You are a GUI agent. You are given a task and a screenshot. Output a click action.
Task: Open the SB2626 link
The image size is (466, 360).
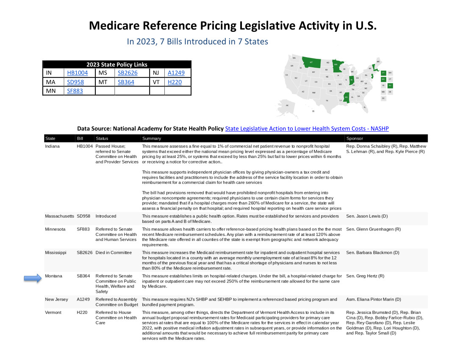[128, 73]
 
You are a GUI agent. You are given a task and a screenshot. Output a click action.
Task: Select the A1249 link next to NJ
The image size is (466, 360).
[176, 73]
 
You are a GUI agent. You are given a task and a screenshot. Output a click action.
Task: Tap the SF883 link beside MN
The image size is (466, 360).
[75, 91]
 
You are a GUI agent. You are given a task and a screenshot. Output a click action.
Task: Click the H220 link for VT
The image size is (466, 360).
[175, 82]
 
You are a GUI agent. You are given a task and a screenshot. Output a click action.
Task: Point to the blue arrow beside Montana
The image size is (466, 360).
[32, 278]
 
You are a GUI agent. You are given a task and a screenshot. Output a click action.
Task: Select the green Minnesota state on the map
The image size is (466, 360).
[337, 66]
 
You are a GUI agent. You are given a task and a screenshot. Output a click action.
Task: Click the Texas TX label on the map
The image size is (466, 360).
[327, 100]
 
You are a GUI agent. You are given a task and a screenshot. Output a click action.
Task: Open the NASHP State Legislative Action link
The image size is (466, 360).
[307, 128]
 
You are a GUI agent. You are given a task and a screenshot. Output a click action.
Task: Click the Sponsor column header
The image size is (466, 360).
[355, 138]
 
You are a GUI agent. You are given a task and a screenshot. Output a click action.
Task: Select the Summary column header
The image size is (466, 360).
[151, 138]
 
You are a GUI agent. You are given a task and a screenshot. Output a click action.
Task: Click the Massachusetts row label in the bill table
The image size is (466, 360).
[59, 216]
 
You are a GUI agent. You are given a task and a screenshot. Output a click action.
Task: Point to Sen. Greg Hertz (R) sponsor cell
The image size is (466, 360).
[365, 276]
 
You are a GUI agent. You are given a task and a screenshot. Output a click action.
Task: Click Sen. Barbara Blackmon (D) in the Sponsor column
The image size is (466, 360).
[372, 252]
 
